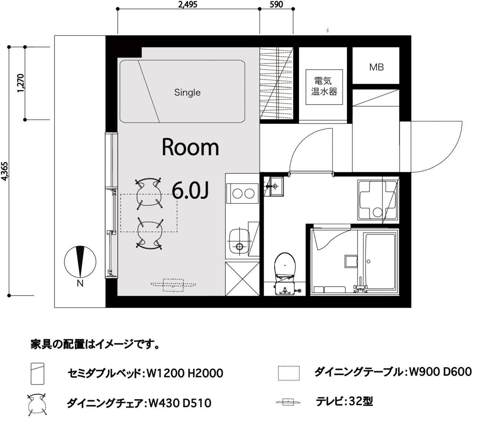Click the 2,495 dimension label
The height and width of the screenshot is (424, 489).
(x=188, y=4)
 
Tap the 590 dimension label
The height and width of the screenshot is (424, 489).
(x=276, y=4)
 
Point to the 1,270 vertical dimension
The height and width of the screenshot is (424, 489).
(x=21, y=83)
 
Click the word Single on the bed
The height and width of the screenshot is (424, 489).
(x=188, y=92)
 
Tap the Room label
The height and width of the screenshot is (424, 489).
(x=190, y=147)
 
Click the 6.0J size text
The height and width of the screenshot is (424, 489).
(x=190, y=191)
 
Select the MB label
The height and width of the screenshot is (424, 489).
(x=376, y=67)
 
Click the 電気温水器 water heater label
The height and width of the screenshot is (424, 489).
(x=324, y=86)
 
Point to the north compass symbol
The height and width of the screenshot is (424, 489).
(x=80, y=262)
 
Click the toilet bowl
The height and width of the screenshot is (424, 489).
(x=285, y=266)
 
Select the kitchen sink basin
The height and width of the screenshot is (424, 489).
(x=239, y=241)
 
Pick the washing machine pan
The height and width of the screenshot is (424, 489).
(x=378, y=200)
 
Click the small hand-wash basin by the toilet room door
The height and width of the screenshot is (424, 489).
(x=276, y=186)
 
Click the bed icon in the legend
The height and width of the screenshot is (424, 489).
(x=38, y=374)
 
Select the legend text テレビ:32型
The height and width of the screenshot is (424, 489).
(x=345, y=401)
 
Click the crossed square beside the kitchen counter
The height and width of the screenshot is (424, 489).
(x=242, y=279)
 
